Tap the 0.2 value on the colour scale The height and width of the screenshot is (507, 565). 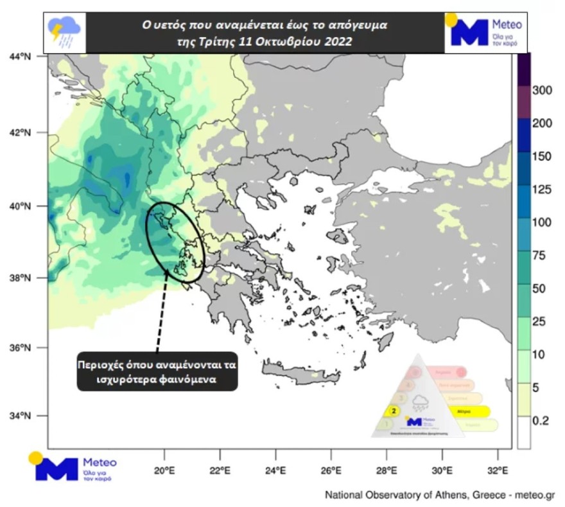click(541, 421)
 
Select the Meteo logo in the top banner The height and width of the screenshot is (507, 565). click(485, 31)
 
